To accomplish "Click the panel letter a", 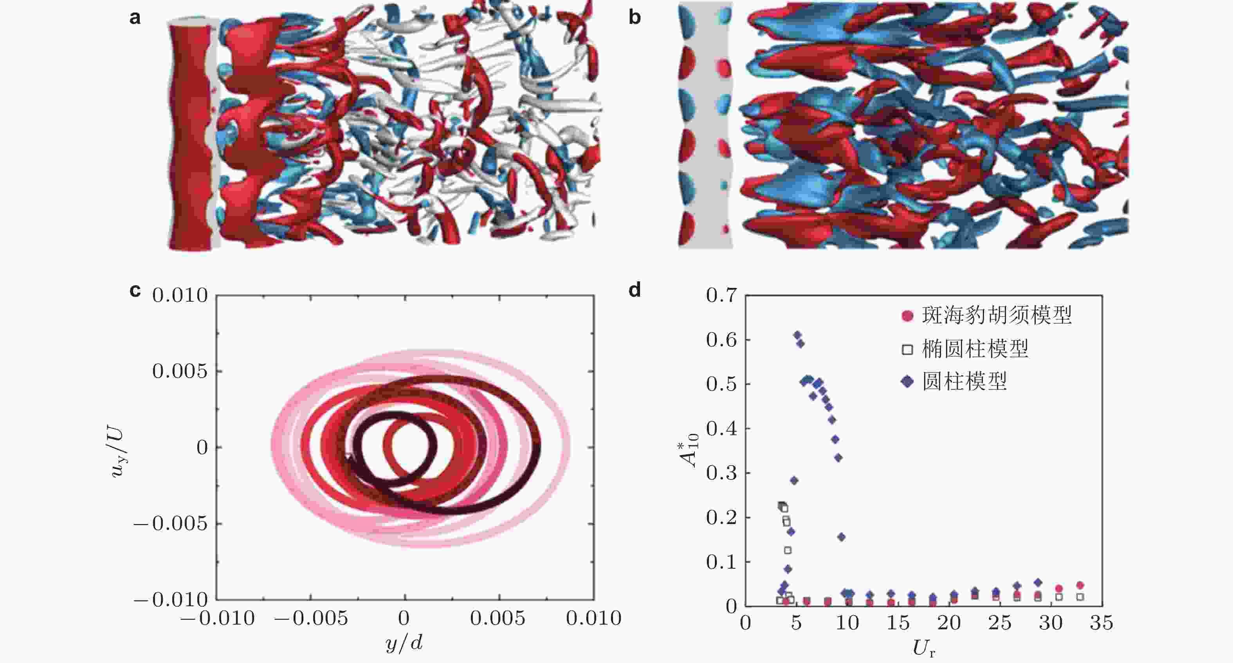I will click(135, 18).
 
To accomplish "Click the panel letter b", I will click(635, 18).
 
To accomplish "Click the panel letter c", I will click(135, 290).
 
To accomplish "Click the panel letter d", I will click(635, 290).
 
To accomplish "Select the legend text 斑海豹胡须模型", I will click(997, 315).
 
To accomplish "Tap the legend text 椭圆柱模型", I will click(975, 349).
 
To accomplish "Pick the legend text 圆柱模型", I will click(964, 382).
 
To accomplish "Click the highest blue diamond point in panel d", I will click(797, 335).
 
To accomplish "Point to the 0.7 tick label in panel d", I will click(721, 295).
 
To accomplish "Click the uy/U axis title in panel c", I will click(117, 453).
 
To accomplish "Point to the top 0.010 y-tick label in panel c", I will click(180, 295).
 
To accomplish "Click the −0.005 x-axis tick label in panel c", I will click(311, 618).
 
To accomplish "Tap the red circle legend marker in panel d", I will click(907, 316).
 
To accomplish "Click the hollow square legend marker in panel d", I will click(907, 350).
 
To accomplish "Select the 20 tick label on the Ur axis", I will click(949, 623).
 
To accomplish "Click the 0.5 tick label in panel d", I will click(721, 384).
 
